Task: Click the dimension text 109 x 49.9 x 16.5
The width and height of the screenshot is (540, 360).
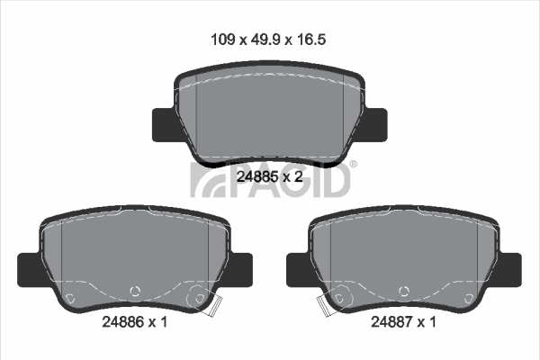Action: click(x=268, y=40)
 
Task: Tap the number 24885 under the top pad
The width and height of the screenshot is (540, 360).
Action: click(x=257, y=176)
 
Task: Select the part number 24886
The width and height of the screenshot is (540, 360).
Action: click(x=123, y=322)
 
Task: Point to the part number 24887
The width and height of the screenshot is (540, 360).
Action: click(x=391, y=322)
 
